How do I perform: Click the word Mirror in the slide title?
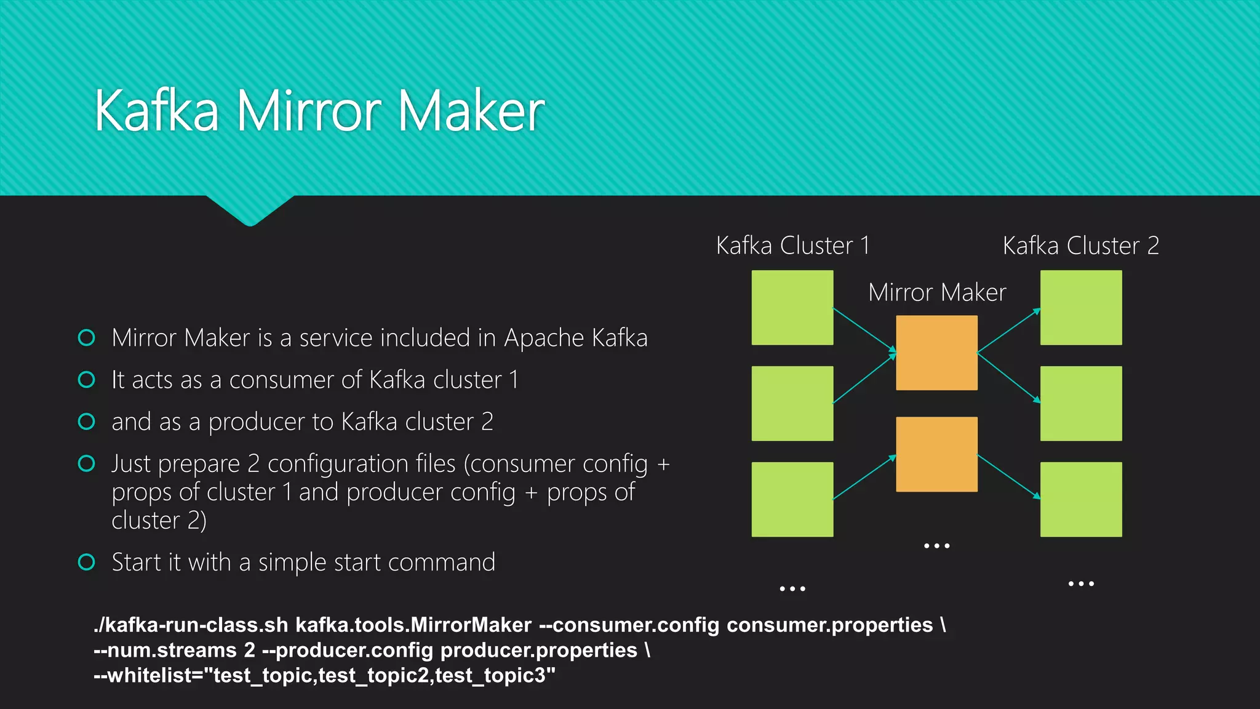pos(309,111)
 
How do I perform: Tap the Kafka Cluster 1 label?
pos(792,246)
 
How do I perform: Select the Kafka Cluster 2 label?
pos(1080,246)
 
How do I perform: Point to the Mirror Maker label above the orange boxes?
pos(937,292)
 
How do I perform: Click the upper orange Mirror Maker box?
pos(936,353)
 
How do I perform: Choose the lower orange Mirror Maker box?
pos(936,454)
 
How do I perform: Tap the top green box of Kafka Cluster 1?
pos(792,308)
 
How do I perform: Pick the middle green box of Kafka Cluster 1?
pos(792,404)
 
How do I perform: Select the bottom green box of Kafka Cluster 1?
pos(792,499)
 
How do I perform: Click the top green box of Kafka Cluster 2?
pos(1081,308)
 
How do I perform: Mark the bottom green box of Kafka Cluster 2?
pos(1081,499)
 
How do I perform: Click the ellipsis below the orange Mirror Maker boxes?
pos(936,546)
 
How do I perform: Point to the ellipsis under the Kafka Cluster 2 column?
pos(1081,583)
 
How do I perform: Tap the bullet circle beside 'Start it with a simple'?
pos(87,562)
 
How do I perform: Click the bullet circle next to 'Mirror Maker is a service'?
pos(87,337)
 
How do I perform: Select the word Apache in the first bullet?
pos(544,338)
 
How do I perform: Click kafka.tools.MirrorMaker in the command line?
pos(413,625)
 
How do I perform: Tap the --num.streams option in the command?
pos(165,651)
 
